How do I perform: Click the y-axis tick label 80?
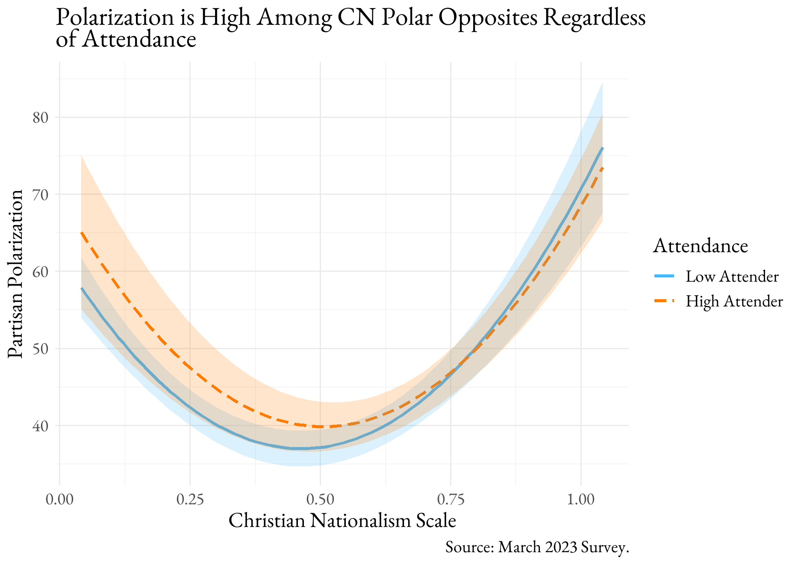41,118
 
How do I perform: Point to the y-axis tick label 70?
41,194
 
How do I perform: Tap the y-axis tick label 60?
41,271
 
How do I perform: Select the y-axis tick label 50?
41,348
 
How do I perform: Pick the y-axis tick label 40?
41,426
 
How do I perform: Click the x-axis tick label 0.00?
59,500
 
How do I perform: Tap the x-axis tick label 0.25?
190,500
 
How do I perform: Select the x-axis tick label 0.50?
320,500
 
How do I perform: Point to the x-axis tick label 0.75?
451,500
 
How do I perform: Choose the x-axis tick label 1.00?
581,500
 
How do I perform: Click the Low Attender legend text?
732,277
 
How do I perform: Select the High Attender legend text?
734,301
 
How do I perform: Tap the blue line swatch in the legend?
664,277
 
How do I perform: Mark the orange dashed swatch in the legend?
664,301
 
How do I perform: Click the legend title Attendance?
700,246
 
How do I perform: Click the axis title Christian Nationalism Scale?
342,521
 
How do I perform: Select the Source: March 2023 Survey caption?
537,547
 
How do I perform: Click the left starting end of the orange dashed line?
82,232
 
